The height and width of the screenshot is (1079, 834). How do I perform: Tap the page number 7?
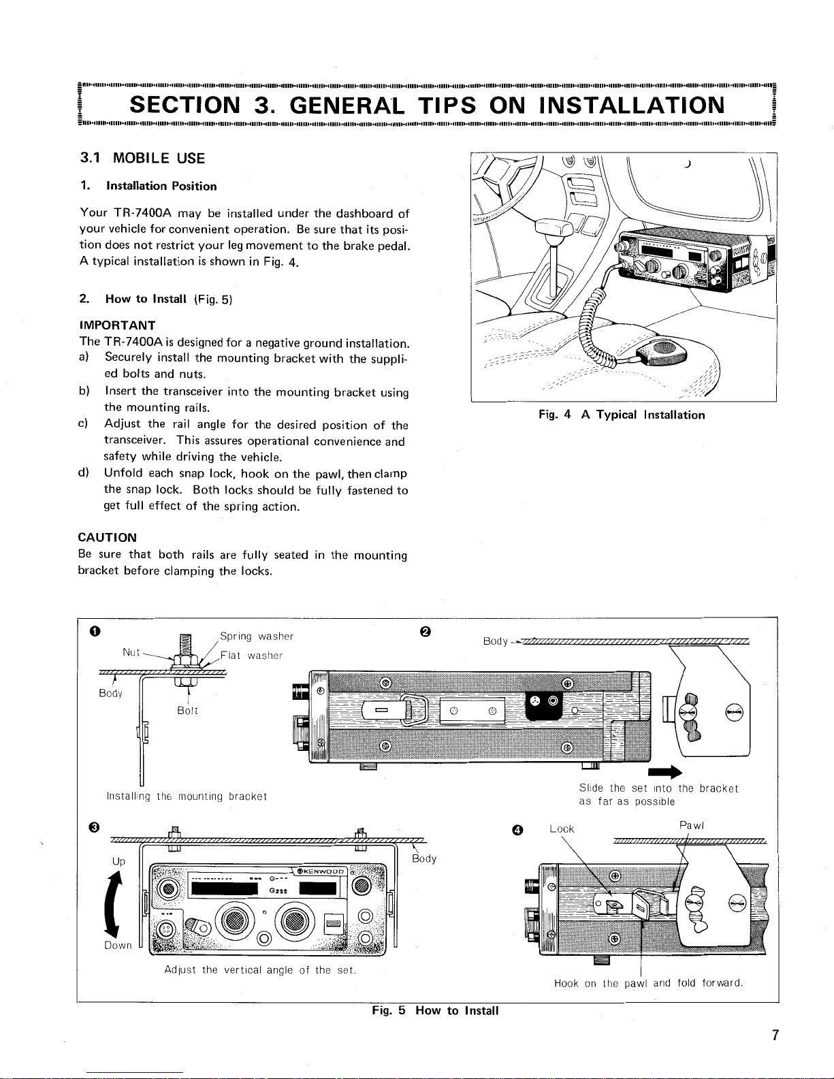775,1036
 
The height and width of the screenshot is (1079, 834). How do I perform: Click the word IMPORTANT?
117,325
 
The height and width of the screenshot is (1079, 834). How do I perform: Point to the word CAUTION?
108,538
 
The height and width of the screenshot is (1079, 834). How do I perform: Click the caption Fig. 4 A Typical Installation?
621,415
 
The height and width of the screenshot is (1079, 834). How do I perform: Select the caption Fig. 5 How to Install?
435,1011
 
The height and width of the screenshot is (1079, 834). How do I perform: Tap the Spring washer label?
257,637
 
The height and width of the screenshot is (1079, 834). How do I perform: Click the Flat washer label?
251,656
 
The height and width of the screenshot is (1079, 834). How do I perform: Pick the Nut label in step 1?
131,652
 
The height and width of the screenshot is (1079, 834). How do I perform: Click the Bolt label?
187,710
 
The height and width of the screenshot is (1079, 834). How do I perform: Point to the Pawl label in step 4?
692,825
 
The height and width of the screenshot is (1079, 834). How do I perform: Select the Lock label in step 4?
562,828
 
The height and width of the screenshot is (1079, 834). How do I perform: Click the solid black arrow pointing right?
667,771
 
